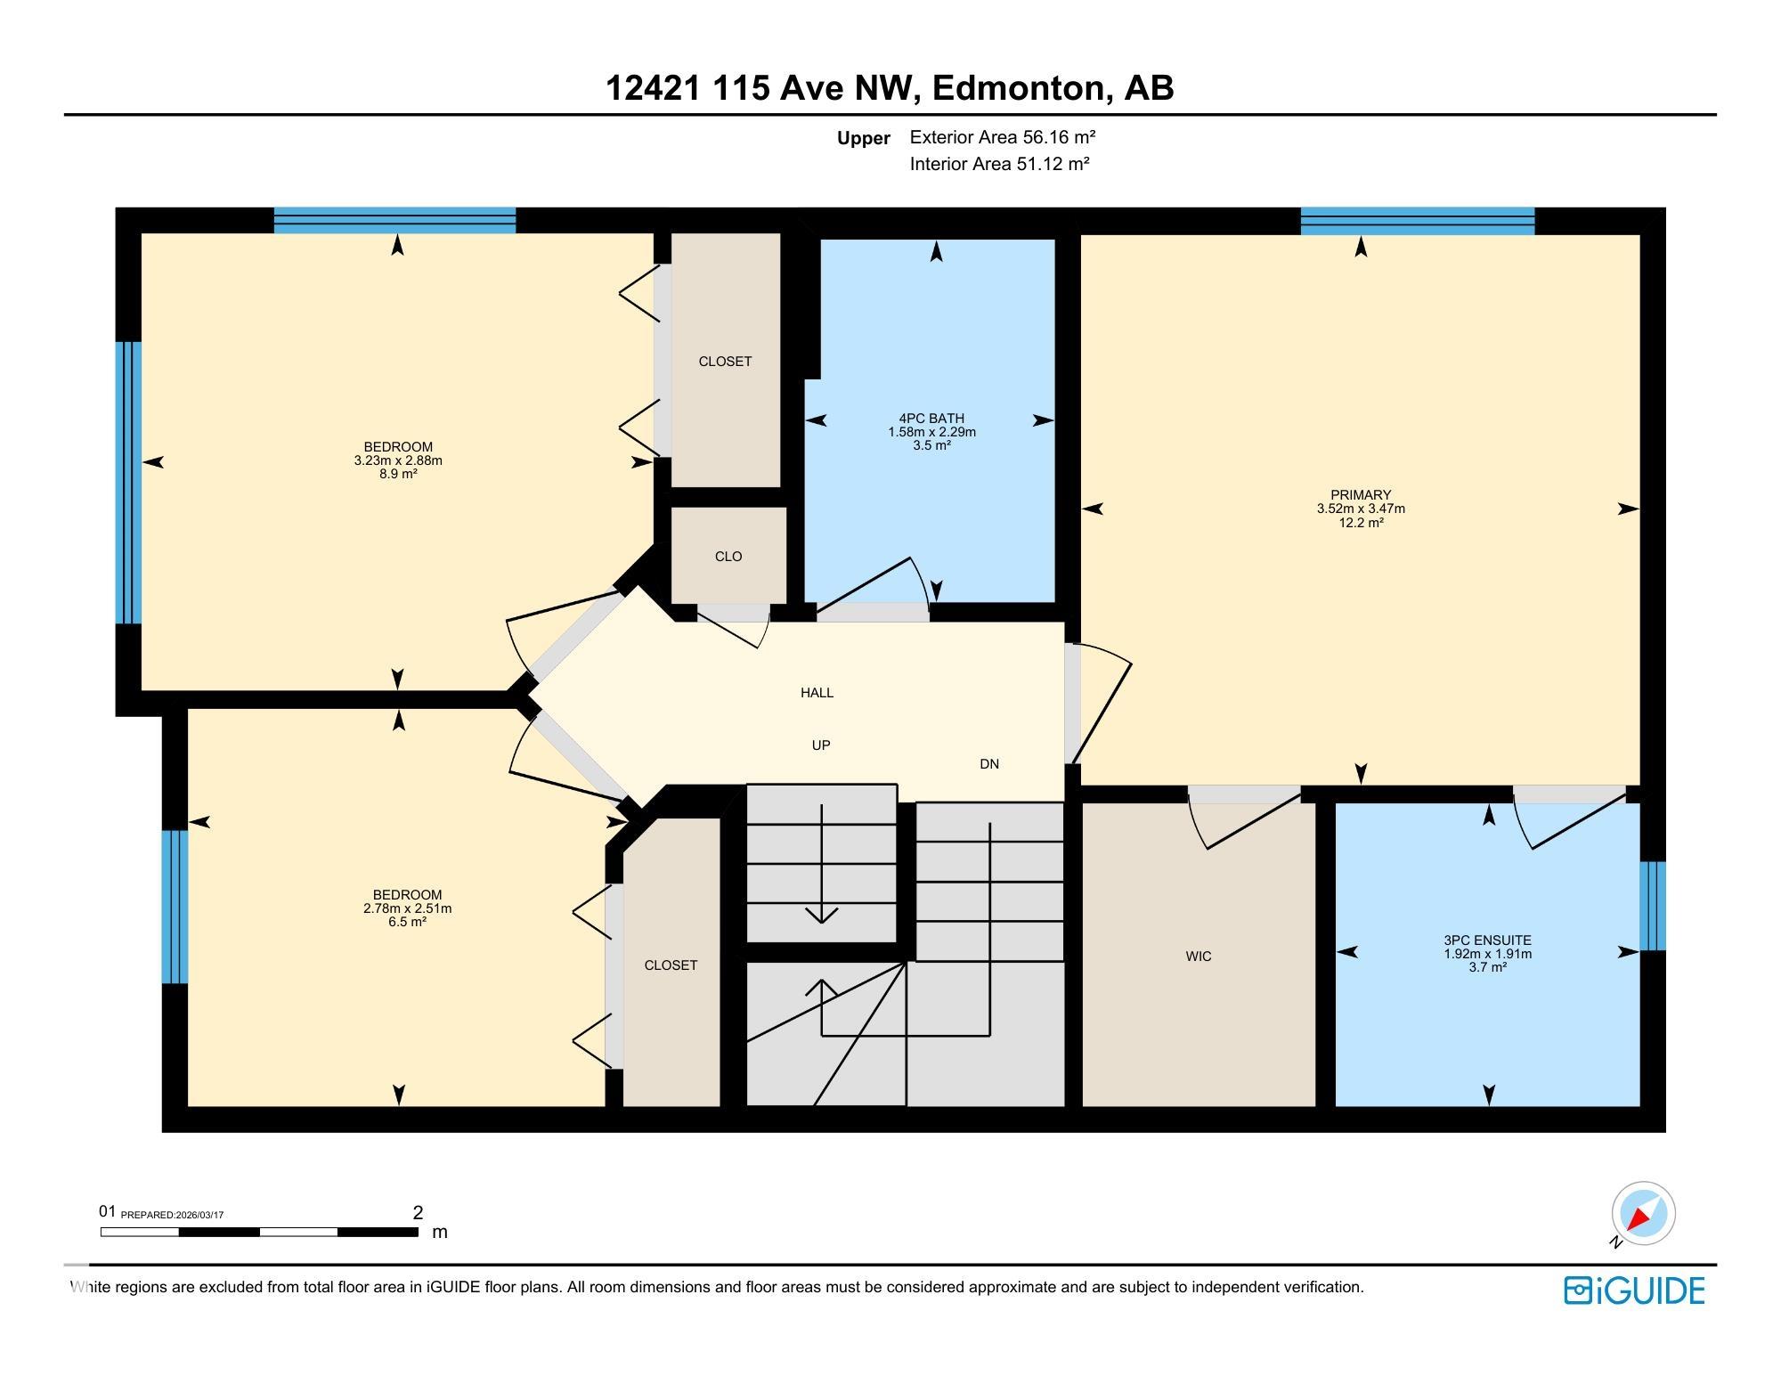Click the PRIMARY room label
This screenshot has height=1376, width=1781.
click(x=1360, y=495)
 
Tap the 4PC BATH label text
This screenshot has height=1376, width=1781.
click(x=931, y=419)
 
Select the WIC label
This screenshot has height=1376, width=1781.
click(x=1198, y=957)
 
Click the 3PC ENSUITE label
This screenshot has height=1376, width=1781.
click(x=1487, y=940)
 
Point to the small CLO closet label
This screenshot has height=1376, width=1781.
click(x=728, y=557)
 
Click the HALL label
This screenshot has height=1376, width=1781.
click(x=817, y=693)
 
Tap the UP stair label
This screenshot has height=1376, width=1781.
click(x=820, y=745)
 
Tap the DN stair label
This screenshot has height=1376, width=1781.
click(x=988, y=764)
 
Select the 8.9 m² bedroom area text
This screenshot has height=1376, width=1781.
click(x=398, y=475)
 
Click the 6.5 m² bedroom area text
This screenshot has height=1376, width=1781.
click(x=407, y=923)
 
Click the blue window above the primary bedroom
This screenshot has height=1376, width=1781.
click(x=1417, y=221)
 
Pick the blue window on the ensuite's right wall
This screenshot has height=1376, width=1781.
click(x=1652, y=906)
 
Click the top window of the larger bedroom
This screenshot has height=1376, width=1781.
click(x=394, y=220)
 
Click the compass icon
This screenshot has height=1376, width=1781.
click(x=1643, y=1213)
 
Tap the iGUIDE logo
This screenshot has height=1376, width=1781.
click(x=1634, y=1291)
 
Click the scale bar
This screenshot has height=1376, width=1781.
click(x=258, y=1233)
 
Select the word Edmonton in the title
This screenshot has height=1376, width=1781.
click(x=1019, y=88)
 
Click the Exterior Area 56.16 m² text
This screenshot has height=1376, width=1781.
click(x=1002, y=137)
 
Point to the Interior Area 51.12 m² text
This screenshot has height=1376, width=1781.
click(x=999, y=164)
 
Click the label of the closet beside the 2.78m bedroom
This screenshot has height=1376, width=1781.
click(x=671, y=965)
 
